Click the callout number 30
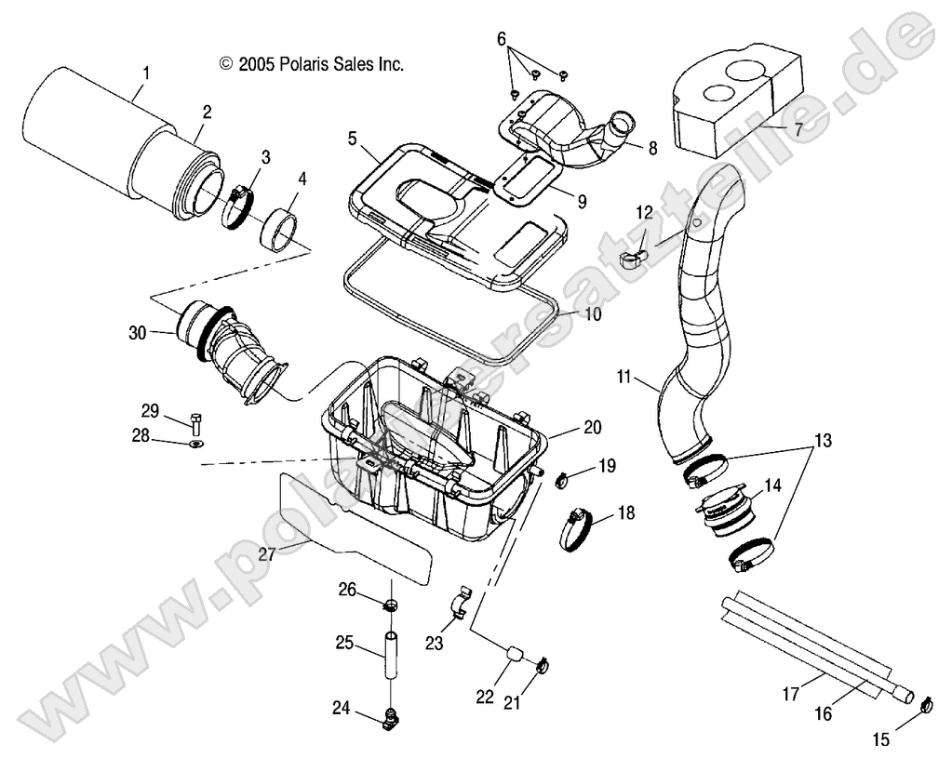(138, 332)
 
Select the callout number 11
(650, 379)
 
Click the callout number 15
(881, 739)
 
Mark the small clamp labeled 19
(563, 481)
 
